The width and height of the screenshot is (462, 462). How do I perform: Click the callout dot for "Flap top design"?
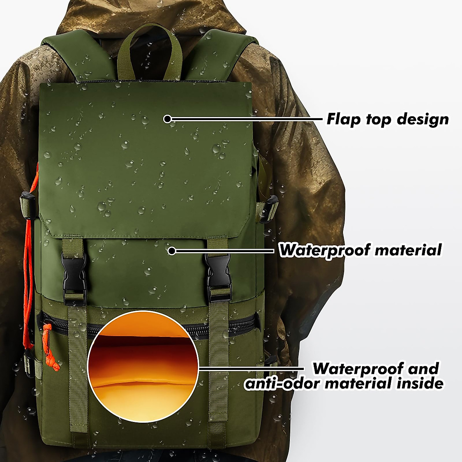coord(167,119)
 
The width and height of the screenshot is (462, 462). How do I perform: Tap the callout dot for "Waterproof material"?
coord(172,251)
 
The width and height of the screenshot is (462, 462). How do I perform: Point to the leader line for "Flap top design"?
coord(246,119)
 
